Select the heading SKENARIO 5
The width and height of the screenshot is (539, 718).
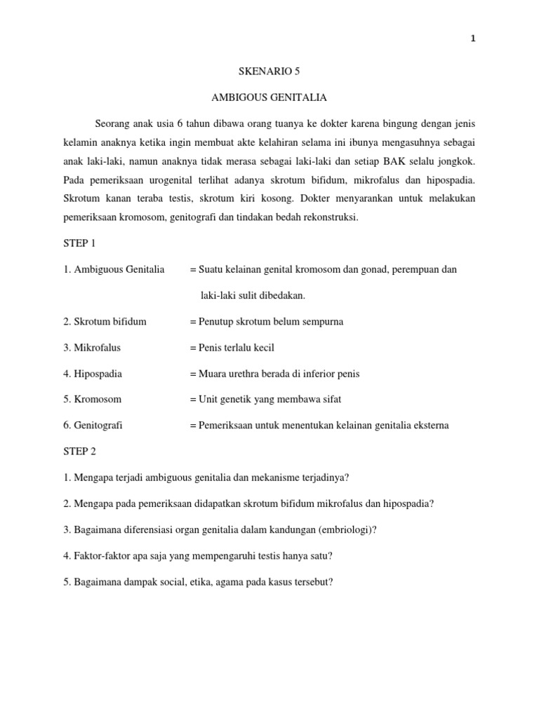269,71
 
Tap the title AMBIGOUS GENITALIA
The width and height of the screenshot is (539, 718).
269,97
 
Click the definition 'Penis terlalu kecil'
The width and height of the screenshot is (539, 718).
237,348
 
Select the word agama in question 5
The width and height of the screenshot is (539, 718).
238,582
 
